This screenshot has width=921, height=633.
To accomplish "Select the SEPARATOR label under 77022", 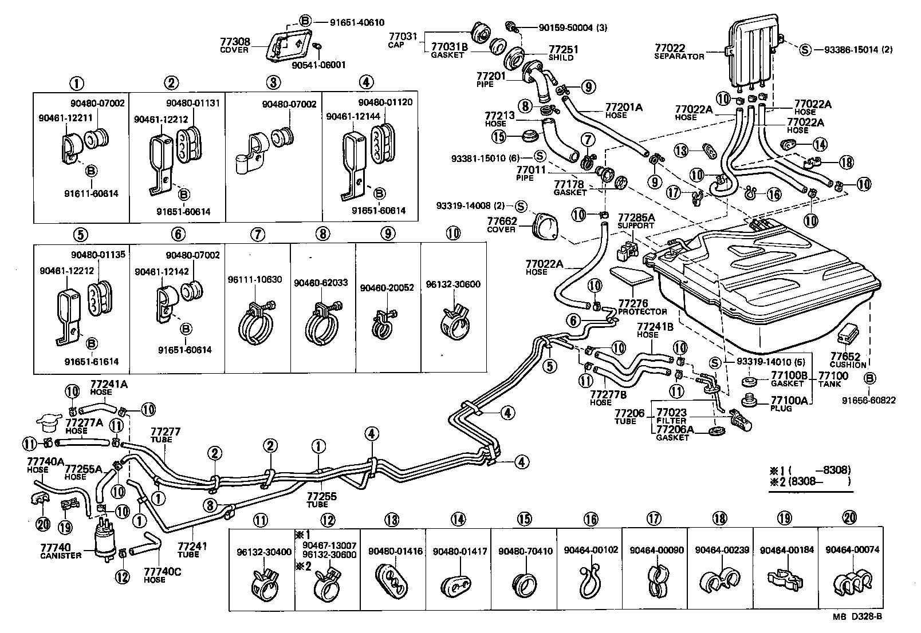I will point(679,57).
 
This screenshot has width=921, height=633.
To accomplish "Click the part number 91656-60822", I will point(869,401).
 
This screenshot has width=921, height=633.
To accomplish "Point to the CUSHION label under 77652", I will point(848,365).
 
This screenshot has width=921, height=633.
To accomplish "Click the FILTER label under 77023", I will point(671,421).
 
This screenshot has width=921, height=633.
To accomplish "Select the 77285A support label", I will point(636,218).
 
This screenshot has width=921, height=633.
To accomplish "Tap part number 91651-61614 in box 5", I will point(92,362).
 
